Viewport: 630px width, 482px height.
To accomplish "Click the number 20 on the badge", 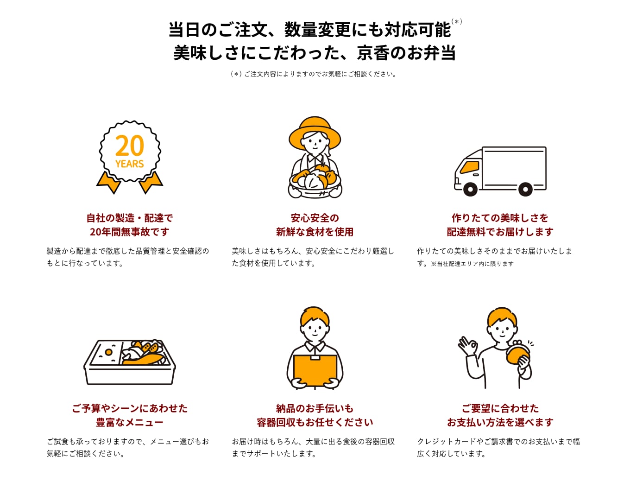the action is coord(129,146).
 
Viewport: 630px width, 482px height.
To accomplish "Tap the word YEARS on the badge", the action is coord(129,164).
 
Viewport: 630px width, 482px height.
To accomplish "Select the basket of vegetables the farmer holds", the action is coord(315,181).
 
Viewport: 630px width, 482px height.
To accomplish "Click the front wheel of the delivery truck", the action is coord(471,189).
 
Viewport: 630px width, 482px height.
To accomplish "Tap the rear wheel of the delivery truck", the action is coord(525,189).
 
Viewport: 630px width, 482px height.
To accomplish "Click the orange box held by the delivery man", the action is coord(315,371).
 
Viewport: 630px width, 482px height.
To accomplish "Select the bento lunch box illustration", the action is coord(129,362).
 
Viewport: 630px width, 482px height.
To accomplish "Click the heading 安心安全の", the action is coord(315,218).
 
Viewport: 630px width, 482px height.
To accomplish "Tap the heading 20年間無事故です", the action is coord(129,232).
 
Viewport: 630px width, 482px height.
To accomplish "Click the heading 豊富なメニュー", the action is coord(129,422).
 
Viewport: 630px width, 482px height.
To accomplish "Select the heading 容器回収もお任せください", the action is coord(315,422).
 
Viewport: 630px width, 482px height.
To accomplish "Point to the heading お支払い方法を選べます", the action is coord(500,422).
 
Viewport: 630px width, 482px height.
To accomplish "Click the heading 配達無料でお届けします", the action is coord(500,232).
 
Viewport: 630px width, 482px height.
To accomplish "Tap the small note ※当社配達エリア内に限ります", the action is coord(472,264).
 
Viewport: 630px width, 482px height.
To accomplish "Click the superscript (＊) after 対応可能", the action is coord(457,22).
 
